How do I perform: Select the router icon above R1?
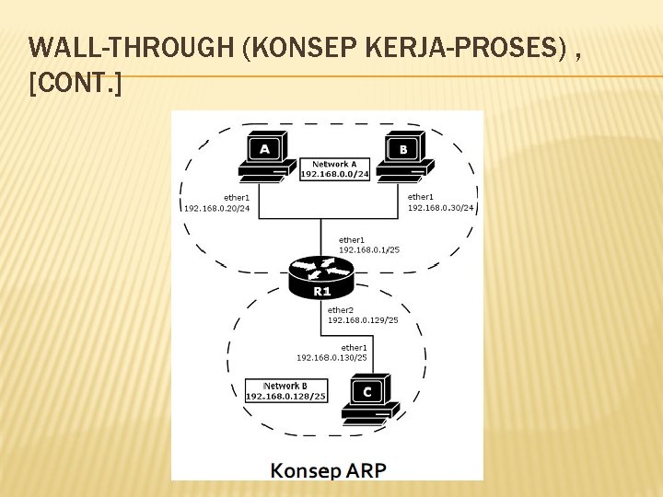point(320,270)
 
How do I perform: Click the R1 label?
point(321,292)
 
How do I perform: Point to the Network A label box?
point(334,168)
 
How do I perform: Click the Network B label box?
point(285,391)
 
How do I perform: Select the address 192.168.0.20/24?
point(217,208)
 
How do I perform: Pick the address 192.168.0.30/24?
point(441,208)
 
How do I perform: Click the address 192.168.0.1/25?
point(369,249)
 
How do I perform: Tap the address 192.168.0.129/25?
point(363,320)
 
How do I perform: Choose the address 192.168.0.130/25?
point(331,357)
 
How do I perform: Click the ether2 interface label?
point(341,310)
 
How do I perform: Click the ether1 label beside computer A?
point(237,197)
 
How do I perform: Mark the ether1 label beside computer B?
point(421,197)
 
